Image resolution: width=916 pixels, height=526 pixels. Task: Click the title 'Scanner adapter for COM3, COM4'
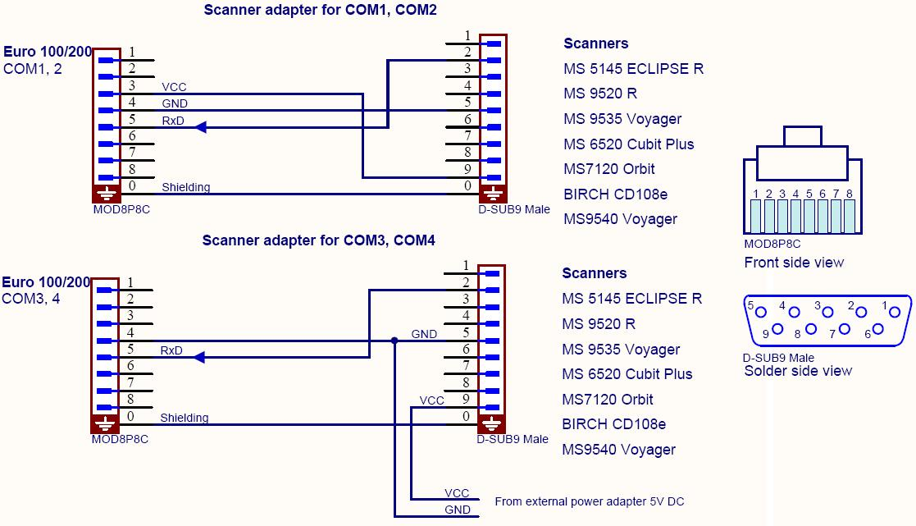tap(318, 240)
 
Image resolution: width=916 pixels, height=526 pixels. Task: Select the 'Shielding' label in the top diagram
tap(185, 187)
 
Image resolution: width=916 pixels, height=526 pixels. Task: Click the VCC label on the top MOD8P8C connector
tap(174, 87)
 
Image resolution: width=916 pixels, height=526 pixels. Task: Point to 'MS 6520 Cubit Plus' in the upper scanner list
tap(628, 144)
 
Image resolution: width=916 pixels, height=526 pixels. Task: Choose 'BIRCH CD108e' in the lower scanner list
tap(613, 424)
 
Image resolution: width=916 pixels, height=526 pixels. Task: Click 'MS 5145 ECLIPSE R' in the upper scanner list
tap(633, 69)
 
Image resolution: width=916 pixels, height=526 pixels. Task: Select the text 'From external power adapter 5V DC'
tap(589, 501)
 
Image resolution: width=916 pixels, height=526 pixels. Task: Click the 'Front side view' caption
tap(794, 263)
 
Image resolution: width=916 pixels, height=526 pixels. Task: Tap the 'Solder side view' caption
tap(798, 371)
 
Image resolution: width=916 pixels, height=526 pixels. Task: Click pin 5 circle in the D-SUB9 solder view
tap(762, 312)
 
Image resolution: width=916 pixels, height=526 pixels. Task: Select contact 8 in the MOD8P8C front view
tap(850, 216)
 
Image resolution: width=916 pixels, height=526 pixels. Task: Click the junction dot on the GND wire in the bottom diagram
tap(394, 341)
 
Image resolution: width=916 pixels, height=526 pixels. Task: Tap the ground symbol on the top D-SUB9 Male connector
tap(492, 194)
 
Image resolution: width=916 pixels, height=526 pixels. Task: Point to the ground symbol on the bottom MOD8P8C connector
tap(106, 424)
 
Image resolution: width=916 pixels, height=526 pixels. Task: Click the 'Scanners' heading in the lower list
tap(594, 273)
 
